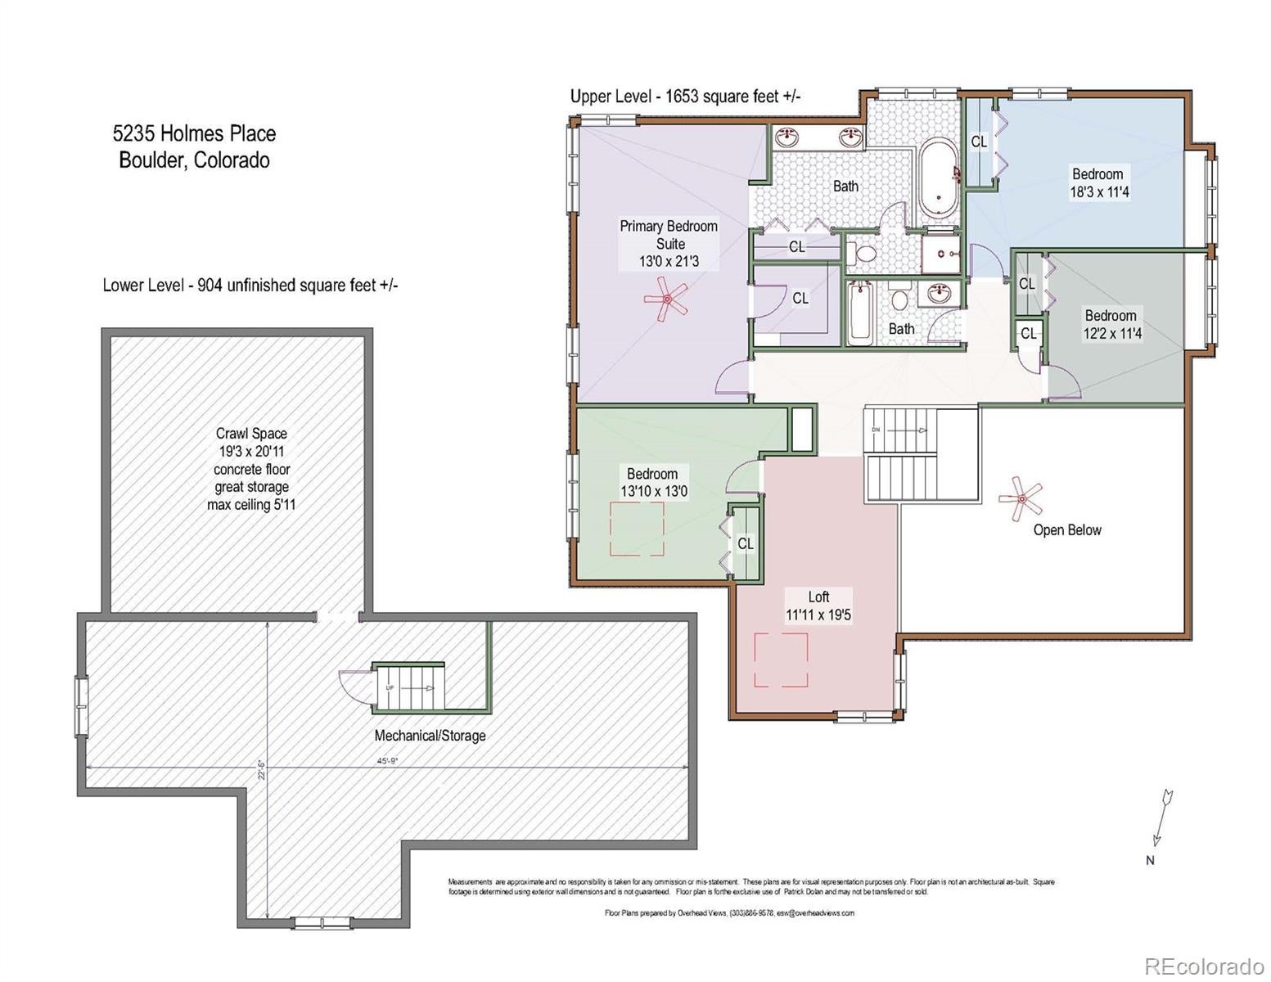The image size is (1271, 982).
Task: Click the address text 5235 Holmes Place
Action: (x=194, y=133)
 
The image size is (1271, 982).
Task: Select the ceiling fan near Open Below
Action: (x=1021, y=498)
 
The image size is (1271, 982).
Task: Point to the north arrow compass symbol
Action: (x=1161, y=818)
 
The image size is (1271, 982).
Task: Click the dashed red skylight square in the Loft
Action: (x=781, y=660)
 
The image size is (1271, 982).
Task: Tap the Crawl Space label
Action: (x=251, y=434)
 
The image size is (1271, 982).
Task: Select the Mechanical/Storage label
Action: (x=430, y=736)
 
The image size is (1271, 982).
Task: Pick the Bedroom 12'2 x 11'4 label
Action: (x=1111, y=324)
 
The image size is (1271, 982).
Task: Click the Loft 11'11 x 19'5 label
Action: (x=818, y=606)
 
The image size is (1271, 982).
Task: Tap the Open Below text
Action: (x=1067, y=530)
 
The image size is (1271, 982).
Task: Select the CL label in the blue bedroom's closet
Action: (x=979, y=142)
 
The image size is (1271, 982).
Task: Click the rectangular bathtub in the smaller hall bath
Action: (x=859, y=314)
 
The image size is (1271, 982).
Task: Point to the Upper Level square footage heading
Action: (x=685, y=97)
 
